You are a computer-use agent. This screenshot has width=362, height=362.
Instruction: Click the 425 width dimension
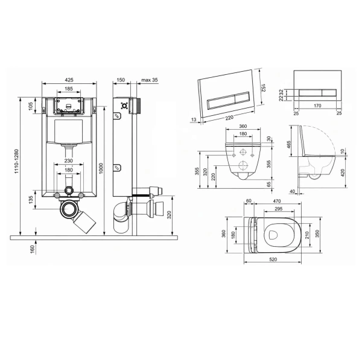click(x=69, y=80)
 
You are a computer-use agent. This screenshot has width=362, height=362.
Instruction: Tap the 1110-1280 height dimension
click(x=16, y=161)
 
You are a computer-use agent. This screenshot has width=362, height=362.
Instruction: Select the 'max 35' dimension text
click(x=150, y=80)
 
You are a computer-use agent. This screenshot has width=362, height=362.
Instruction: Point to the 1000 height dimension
click(x=101, y=168)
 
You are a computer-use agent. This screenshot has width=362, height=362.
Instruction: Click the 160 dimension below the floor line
click(x=33, y=249)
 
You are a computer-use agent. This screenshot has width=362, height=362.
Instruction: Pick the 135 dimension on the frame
click(x=31, y=200)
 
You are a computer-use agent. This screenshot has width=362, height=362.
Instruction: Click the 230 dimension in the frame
click(x=69, y=160)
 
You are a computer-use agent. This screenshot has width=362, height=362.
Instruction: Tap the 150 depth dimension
click(x=121, y=80)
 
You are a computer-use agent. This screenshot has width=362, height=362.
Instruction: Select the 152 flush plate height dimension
click(x=263, y=87)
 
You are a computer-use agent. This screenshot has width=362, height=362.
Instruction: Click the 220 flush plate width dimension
click(x=229, y=118)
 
